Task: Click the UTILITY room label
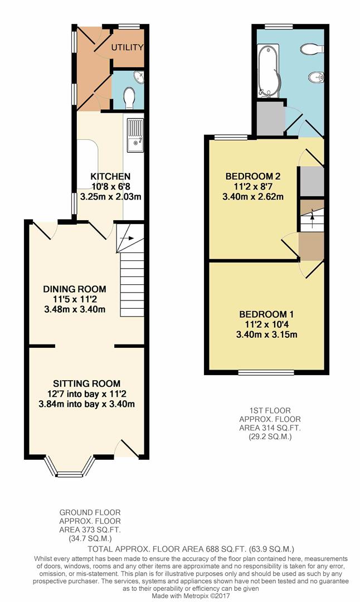[x=128, y=47]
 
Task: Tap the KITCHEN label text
[x=110, y=177]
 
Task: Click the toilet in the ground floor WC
[x=130, y=98]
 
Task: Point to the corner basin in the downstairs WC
[x=139, y=77]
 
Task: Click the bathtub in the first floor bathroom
[x=269, y=70]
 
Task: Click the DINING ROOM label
[x=75, y=289]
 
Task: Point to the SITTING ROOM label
[x=87, y=383]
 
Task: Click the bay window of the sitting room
[x=70, y=468]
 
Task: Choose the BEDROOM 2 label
[x=253, y=177]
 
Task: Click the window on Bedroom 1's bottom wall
[x=266, y=372]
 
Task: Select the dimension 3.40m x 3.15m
[x=267, y=334]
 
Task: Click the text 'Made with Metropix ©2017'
[x=191, y=595]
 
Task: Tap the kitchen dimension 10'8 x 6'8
[x=111, y=187]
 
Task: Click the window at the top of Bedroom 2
[x=231, y=137]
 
